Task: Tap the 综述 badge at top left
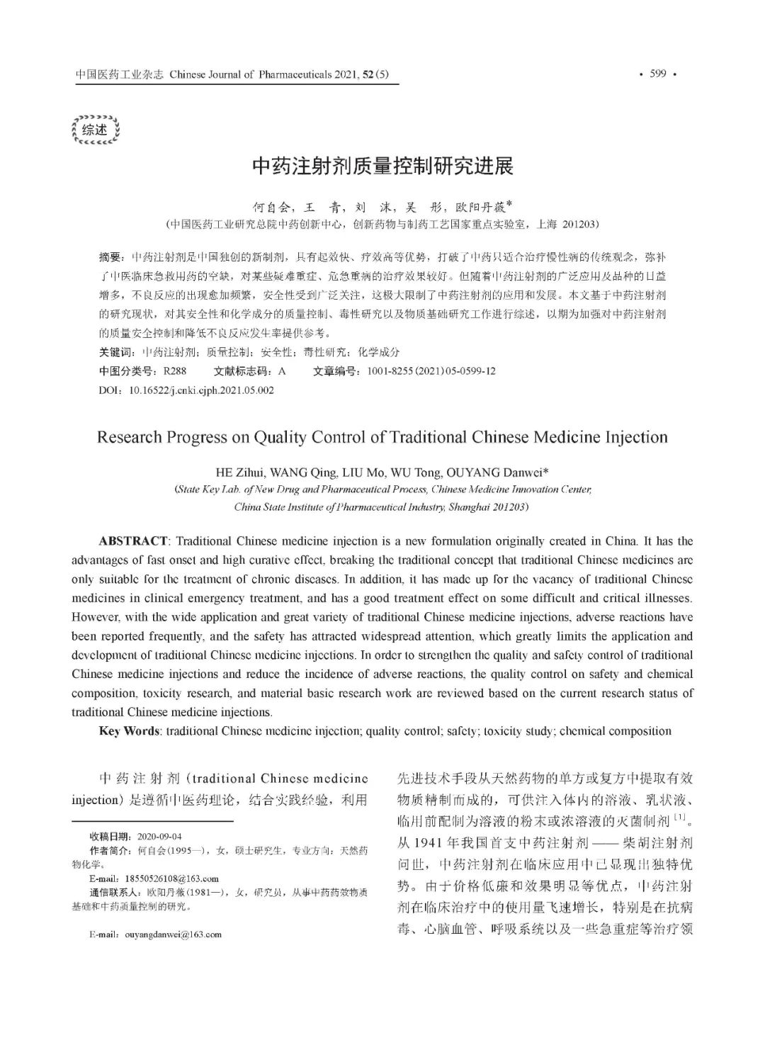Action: pos(95,130)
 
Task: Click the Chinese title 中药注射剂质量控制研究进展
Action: pos(382,166)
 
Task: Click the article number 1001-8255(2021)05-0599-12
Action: pos(431,371)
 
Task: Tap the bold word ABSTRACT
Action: pos(133,541)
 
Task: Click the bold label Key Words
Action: pos(130,731)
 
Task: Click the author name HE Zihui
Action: pos(241,472)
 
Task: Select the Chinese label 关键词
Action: pos(115,352)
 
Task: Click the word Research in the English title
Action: pos(127,436)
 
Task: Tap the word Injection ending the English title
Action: pos(636,436)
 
